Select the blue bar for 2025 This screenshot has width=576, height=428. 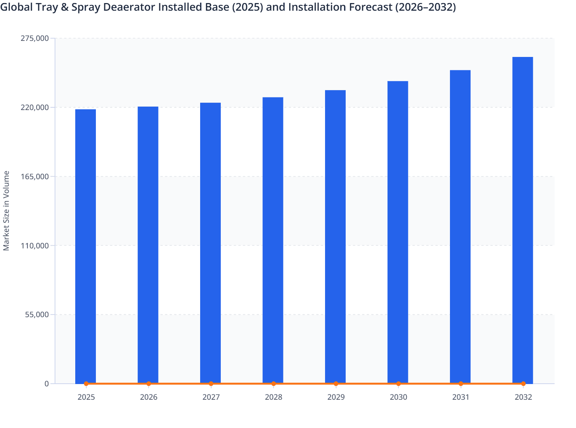pyautogui.click(x=86, y=246)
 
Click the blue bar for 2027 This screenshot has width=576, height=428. pyautogui.click(x=210, y=243)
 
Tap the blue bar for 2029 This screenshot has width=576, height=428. pyautogui.click(x=335, y=237)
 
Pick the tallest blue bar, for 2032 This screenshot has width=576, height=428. pyautogui.click(x=523, y=220)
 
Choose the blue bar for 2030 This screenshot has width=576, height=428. pyautogui.click(x=398, y=232)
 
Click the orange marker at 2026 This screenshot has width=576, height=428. pyautogui.click(x=149, y=384)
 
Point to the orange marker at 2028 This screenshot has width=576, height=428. pyautogui.click(x=273, y=384)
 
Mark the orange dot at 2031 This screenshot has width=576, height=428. pyautogui.click(x=461, y=384)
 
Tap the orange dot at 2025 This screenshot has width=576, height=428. pyautogui.click(x=86, y=384)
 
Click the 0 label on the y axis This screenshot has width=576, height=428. pyautogui.click(x=47, y=384)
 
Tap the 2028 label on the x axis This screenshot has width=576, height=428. pyautogui.click(x=273, y=397)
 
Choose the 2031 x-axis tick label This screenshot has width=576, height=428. pyautogui.click(x=461, y=397)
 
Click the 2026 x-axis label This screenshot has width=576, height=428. pyautogui.click(x=149, y=397)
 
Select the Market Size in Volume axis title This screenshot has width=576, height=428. pyautogui.click(x=6, y=211)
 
